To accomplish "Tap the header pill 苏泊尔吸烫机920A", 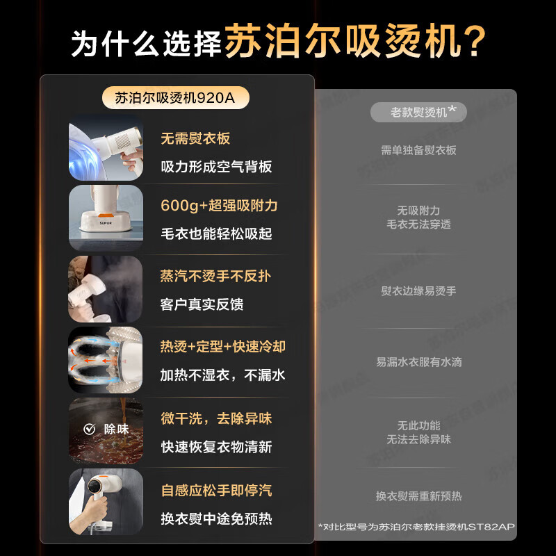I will [175, 98].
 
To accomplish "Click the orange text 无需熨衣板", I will [195, 139].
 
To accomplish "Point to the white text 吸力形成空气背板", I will [216, 167].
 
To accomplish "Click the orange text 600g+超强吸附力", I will [219, 206].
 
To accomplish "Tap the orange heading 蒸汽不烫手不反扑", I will [215, 276].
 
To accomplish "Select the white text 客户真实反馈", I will [202, 304].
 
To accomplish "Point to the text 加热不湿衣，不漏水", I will [223, 375].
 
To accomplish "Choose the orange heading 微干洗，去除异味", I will [216, 418].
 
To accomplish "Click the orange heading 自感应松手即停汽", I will [216, 491].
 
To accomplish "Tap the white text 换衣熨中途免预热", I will [216, 518].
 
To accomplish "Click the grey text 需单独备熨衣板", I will [418, 150].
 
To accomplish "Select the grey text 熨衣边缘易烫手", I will [418, 291].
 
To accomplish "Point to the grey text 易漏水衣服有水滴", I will [418, 362].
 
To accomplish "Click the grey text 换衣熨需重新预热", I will [418, 496].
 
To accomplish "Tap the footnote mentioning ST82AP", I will [417, 527].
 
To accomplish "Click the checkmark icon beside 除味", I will [88, 429].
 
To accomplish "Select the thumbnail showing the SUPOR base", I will [106, 218].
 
